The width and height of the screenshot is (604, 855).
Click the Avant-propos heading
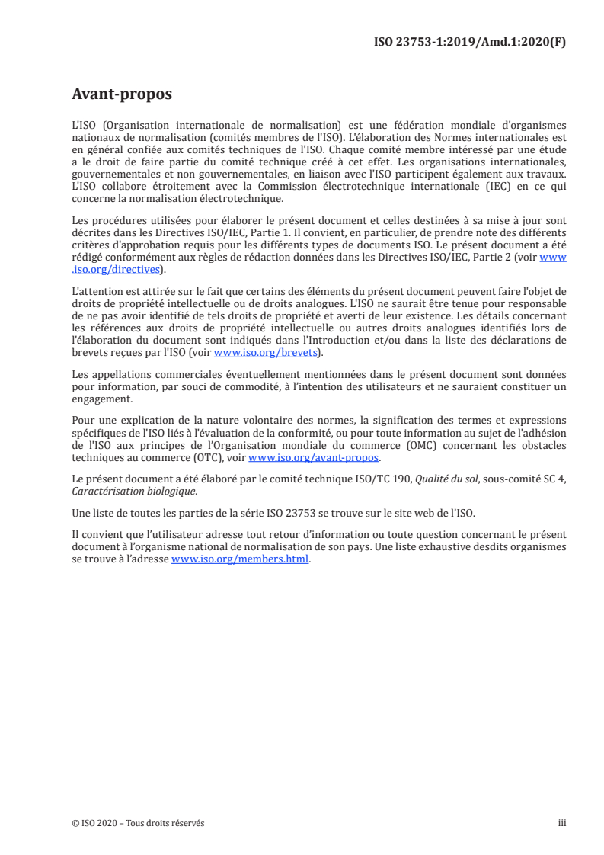(x=121, y=94)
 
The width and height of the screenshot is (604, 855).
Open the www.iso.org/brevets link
(x=264, y=352)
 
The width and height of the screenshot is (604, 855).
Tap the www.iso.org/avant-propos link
(x=314, y=458)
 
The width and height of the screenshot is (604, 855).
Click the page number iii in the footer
(x=562, y=823)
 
